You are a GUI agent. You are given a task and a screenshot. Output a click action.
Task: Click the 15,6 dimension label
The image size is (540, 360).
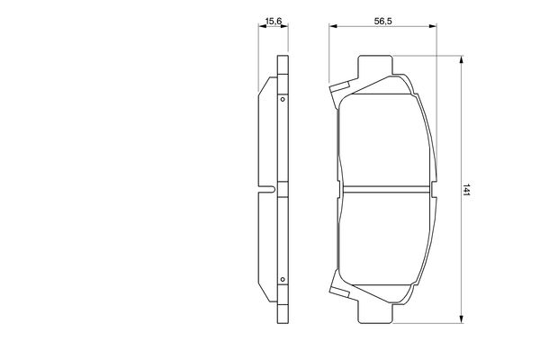274,22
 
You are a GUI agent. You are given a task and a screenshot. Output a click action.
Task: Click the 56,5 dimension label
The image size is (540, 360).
383,22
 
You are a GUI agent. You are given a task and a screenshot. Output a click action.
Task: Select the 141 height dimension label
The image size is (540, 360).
466,190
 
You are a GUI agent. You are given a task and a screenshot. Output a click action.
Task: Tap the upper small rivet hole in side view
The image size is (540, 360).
283,100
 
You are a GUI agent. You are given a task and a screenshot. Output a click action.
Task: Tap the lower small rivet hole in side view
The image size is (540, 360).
283,279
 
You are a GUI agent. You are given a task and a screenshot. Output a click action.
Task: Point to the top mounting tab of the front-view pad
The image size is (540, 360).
375,65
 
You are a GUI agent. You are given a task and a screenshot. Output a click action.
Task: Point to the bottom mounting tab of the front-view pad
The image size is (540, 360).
375,313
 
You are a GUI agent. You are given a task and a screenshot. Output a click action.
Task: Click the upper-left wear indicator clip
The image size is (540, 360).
339,90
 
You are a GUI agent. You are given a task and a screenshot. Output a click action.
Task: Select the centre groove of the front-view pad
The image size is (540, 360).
387,189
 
